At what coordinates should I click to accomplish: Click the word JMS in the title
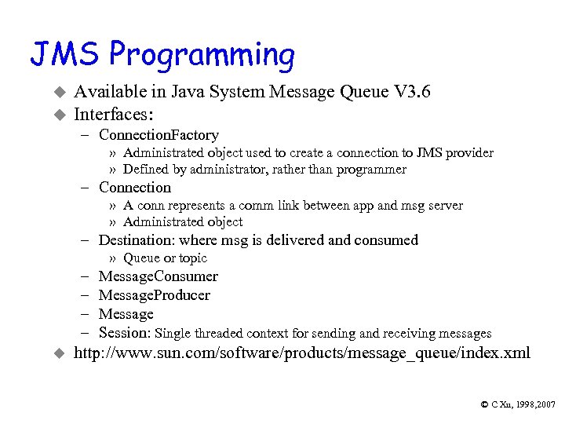65,54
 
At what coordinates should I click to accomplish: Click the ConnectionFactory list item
159,135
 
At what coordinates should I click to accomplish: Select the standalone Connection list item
135,187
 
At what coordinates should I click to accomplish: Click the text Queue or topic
165,258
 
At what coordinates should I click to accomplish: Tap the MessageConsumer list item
159,276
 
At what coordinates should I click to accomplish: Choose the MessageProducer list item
155,295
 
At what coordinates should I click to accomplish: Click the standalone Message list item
126,314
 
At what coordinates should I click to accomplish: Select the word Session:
125,333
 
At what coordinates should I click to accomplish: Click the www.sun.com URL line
301,353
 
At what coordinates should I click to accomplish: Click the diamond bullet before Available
56,93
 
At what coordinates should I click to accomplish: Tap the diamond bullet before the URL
56,354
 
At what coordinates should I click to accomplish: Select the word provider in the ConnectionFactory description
469,152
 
